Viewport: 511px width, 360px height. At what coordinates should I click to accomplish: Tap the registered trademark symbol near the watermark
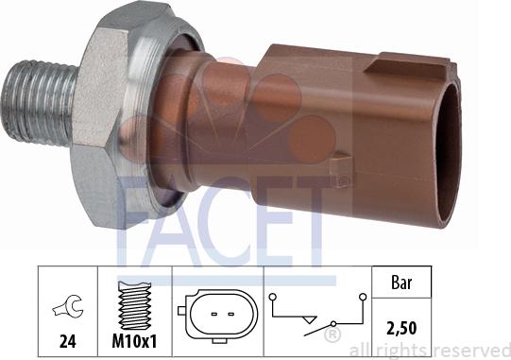tap(332, 335)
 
